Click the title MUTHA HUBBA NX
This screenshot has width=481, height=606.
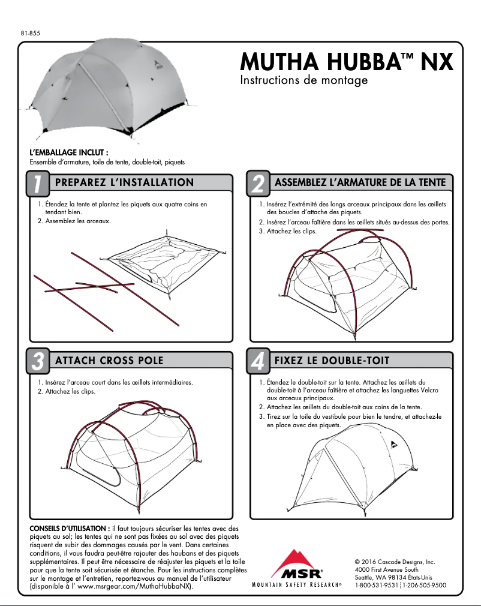[x=346, y=62]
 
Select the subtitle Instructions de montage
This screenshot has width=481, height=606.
[x=303, y=80]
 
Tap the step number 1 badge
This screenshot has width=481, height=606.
[x=37, y=184]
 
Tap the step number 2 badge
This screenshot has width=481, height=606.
[x=257, y=184]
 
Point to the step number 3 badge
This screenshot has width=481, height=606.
[x=37, y=361]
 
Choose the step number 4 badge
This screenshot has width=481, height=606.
[x=257, y=361]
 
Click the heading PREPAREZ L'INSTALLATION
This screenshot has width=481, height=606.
[x=124, y=182]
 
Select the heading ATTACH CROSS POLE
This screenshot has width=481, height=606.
[x=109, y=361]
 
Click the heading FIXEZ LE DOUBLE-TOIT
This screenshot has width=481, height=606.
[x=332, y=361]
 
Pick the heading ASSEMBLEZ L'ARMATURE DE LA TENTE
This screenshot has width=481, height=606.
[x=360, y=182]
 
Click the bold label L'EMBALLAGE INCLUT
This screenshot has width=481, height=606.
[x=69, y=154]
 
